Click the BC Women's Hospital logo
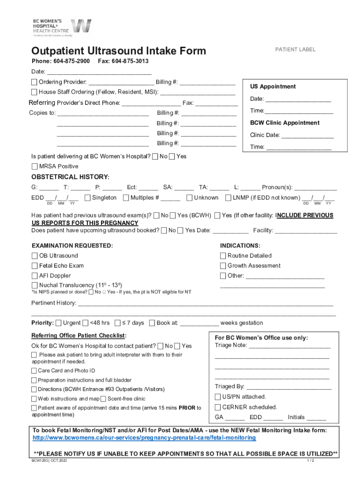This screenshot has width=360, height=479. pyautogui.click(x=61, y=28)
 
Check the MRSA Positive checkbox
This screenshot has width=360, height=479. pyautogui.click(x=35, y=167)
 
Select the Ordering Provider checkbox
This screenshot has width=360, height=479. pyautogui.click(x=35, y=82)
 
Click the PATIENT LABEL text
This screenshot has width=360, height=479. pyautogui.click(x=295, y=50)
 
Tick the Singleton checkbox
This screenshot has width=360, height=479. pyautogui.click(x=87, y=198)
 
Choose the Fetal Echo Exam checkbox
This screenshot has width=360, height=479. pyautogui.click(x=35, y=266)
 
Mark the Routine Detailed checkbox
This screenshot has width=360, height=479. pyautogui.click(x=223, y=256)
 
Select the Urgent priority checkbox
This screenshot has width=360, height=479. pyautogui.click(x=58, y=323)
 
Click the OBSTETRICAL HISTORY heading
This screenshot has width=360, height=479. pyautogui.click(x=70, y=177)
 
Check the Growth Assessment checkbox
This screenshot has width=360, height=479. pyautogui.click(x=223, y=266)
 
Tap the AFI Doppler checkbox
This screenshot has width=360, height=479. pyautogui.click(x=35, y=276)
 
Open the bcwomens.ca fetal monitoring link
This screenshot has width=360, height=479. pyautogui.click(x=144, y=438)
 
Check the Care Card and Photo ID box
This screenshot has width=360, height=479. pyautogui.click(x=34, y=371)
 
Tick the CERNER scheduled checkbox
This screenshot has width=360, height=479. pyautogui.click(x=218, y=407)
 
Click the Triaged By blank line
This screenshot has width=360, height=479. pyautogui.click(x=288, y=387)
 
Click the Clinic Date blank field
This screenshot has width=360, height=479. pyautogui.click(x=308, y=136)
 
